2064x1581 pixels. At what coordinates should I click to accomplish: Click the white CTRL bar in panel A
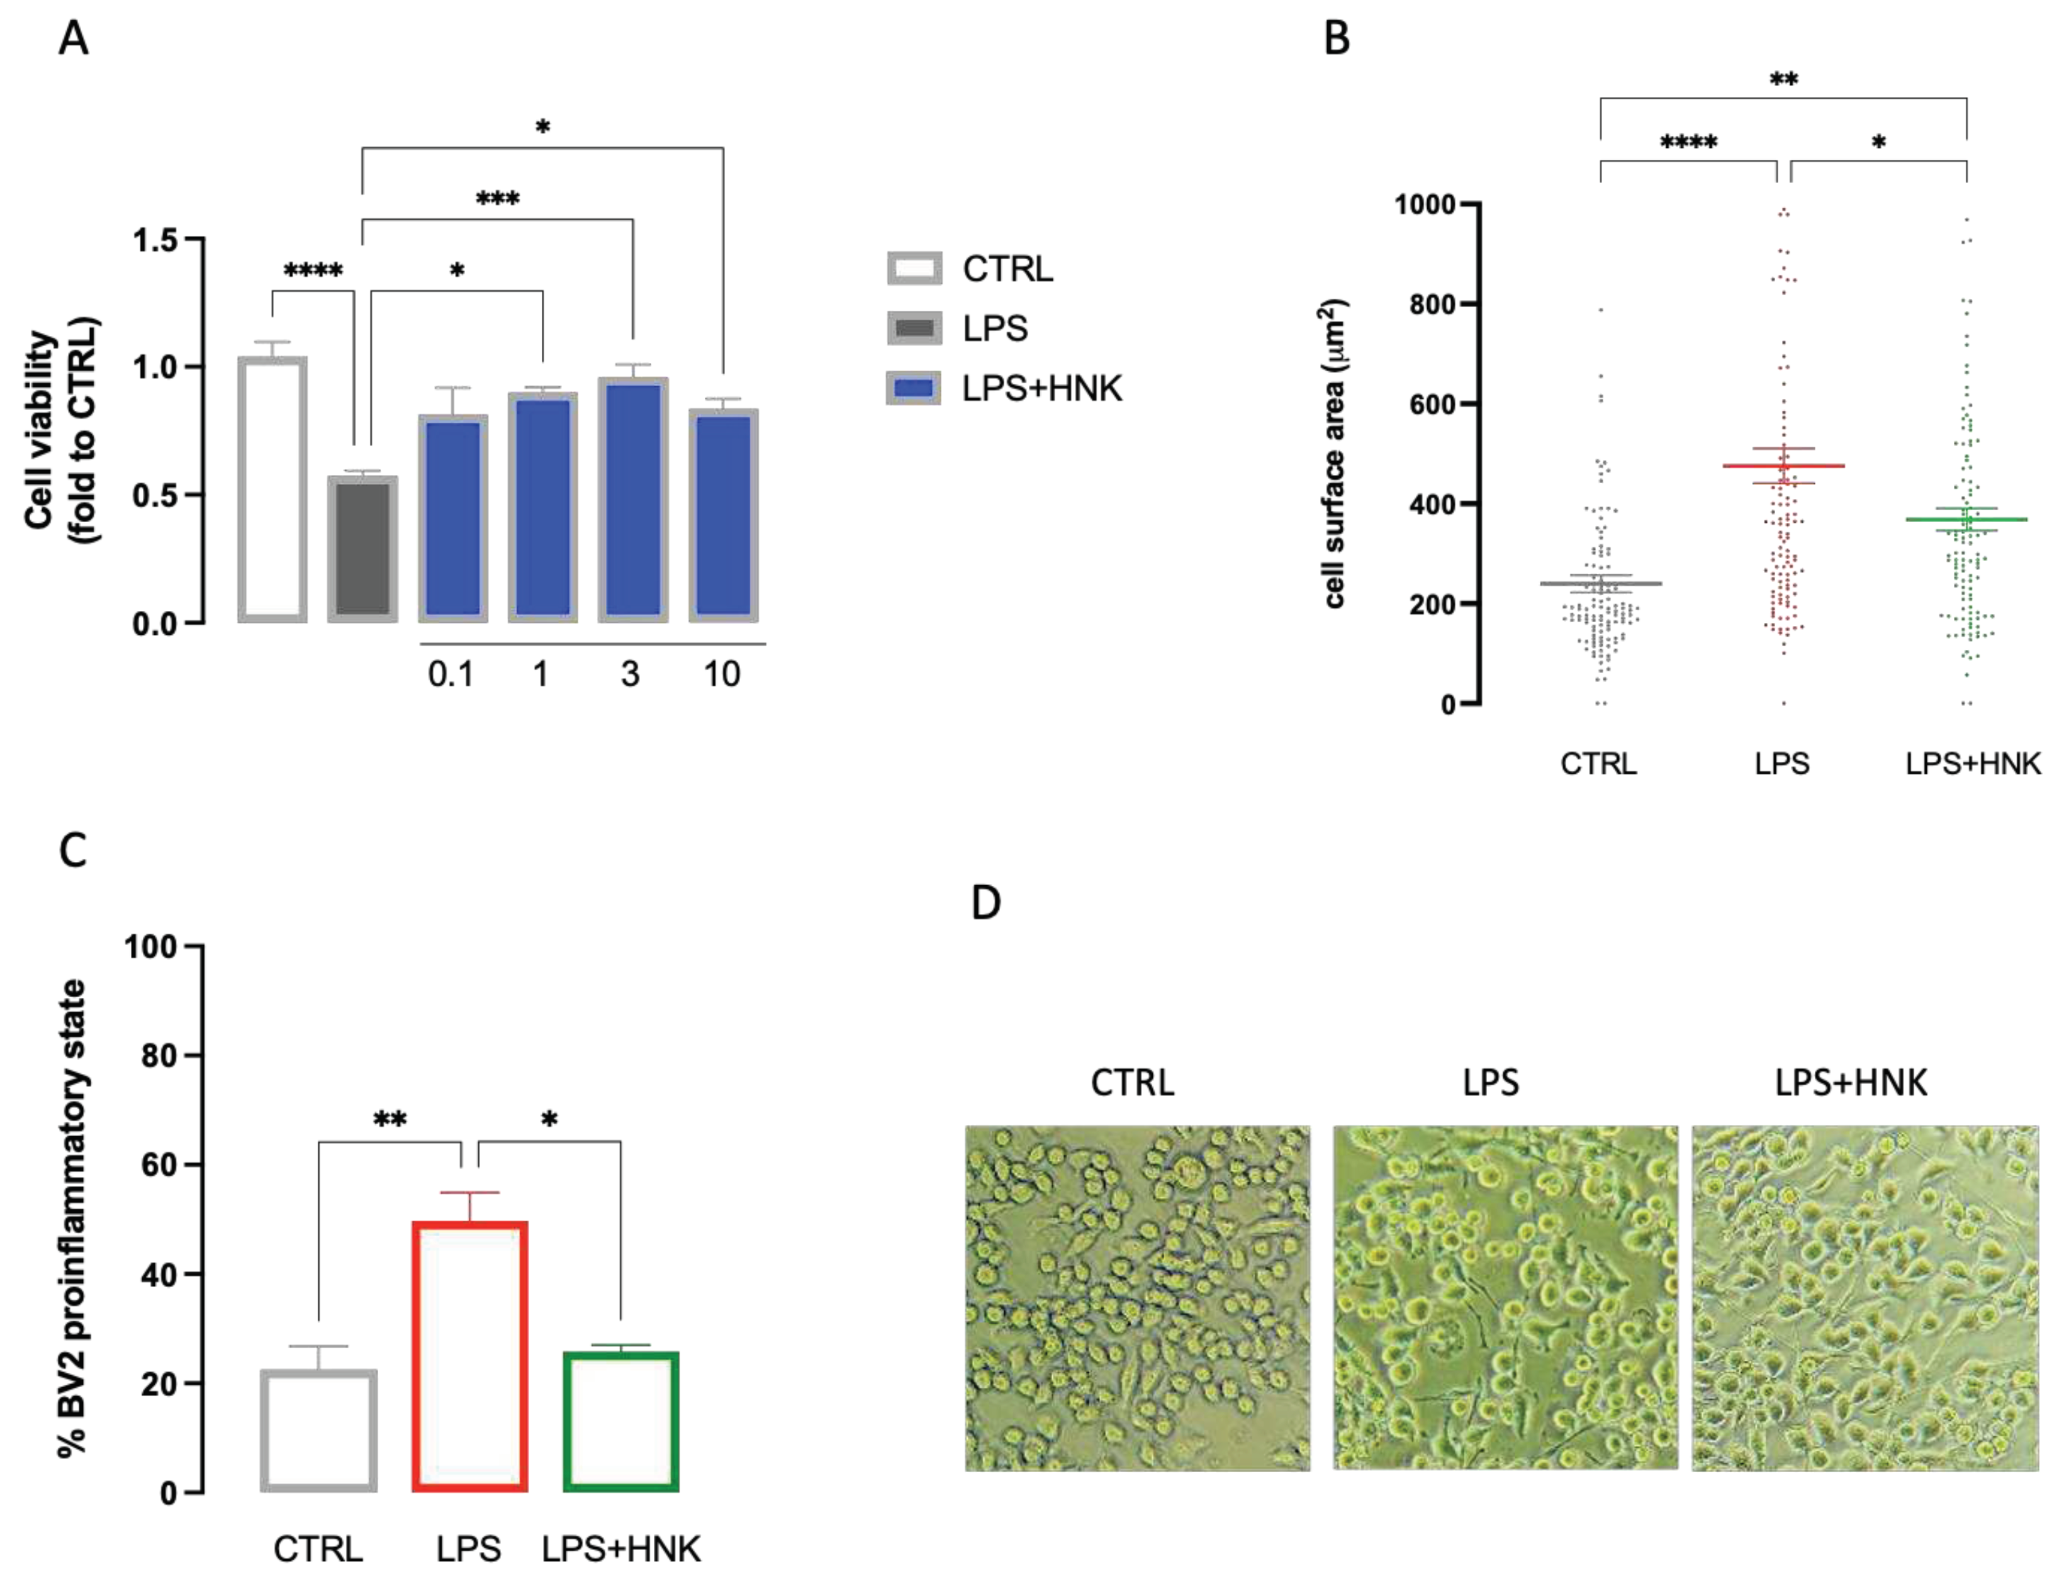tap(272, 489)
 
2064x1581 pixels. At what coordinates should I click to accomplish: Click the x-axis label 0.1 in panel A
tap(450, 674)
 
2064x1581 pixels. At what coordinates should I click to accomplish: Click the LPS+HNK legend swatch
tap(913, 388)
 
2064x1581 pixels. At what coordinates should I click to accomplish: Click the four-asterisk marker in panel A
tap(313, 272)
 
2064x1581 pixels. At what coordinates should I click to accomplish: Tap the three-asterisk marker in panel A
tap(497, 199)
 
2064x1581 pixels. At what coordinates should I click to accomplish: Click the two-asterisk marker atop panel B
tap(1783, 80)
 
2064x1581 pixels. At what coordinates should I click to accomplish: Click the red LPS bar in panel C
tap(469, 1356)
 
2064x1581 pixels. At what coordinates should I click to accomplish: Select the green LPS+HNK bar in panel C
tap(620, 1421)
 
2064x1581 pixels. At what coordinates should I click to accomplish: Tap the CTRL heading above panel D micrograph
tap(1132, 1082)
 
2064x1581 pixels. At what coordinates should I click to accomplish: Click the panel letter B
tap(1337, 40)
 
